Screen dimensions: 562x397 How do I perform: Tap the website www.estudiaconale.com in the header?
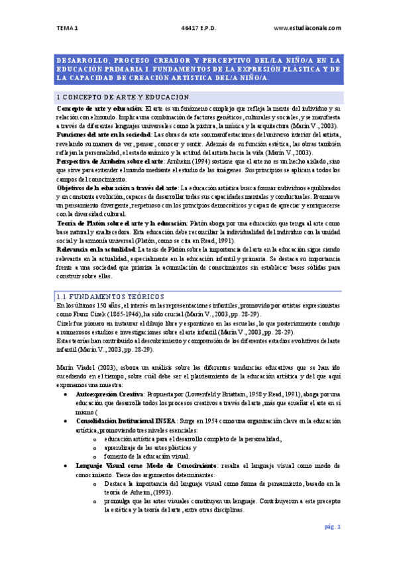[307, 28]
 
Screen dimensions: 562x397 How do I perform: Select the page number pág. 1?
[332, 527]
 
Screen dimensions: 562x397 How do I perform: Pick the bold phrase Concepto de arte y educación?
[99, 108]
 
